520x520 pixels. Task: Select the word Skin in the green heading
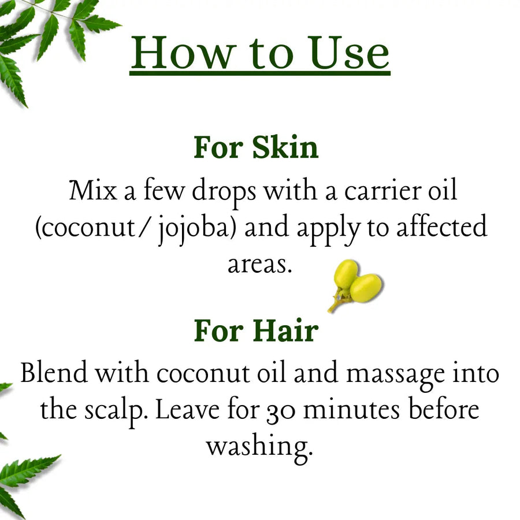[x=285, y=147]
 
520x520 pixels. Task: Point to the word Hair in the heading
[x=286, y=330]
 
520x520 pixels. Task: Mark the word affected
[x=442, y=226]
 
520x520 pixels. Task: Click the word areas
[x=259, y=265]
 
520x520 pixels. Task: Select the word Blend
[x=54, y=372]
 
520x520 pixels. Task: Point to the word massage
[x=396, y=376]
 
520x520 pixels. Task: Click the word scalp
[x=116, y=411]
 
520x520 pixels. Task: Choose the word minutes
[x=351, y=410]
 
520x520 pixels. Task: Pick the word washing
[x=259, y=448]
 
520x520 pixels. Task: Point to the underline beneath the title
[x=259, y=73]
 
